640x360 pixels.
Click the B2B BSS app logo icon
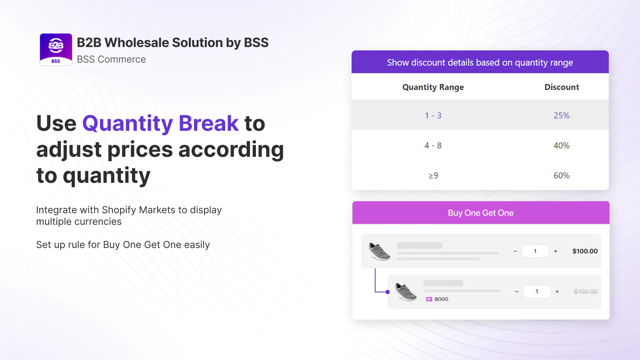56,50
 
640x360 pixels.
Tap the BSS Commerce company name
111,59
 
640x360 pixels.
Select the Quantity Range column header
433,87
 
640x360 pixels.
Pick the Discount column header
562,87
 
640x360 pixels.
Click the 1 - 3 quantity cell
433,116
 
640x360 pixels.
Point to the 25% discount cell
562,116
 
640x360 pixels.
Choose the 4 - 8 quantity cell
433,146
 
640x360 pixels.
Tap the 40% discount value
562,146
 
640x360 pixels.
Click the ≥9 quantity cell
433,176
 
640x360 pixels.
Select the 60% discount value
562,176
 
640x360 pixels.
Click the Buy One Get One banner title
480,213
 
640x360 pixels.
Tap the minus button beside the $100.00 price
515,251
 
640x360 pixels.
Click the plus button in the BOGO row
557,292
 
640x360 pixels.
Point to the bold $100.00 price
585,251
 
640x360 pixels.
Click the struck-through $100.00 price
586,292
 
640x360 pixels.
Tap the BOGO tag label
437,299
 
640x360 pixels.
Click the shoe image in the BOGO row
406,292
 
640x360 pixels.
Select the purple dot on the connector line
388,292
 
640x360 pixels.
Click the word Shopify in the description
119,210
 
